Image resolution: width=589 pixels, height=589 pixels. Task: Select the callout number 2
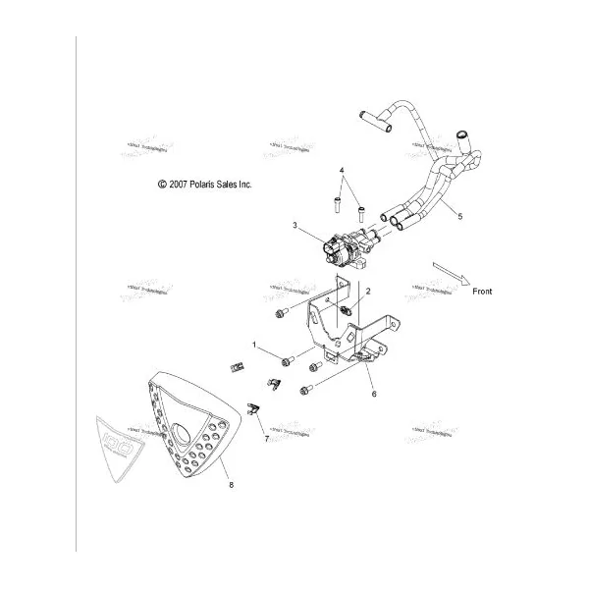[x=368, y=292]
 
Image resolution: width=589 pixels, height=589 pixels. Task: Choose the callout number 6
[x=373, y=393]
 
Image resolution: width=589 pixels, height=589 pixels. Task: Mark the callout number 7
[x=265, y=438]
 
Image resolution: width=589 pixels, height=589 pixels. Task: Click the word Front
[x=482, y=292]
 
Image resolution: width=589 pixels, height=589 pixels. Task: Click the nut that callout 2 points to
[x=347, y=312]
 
